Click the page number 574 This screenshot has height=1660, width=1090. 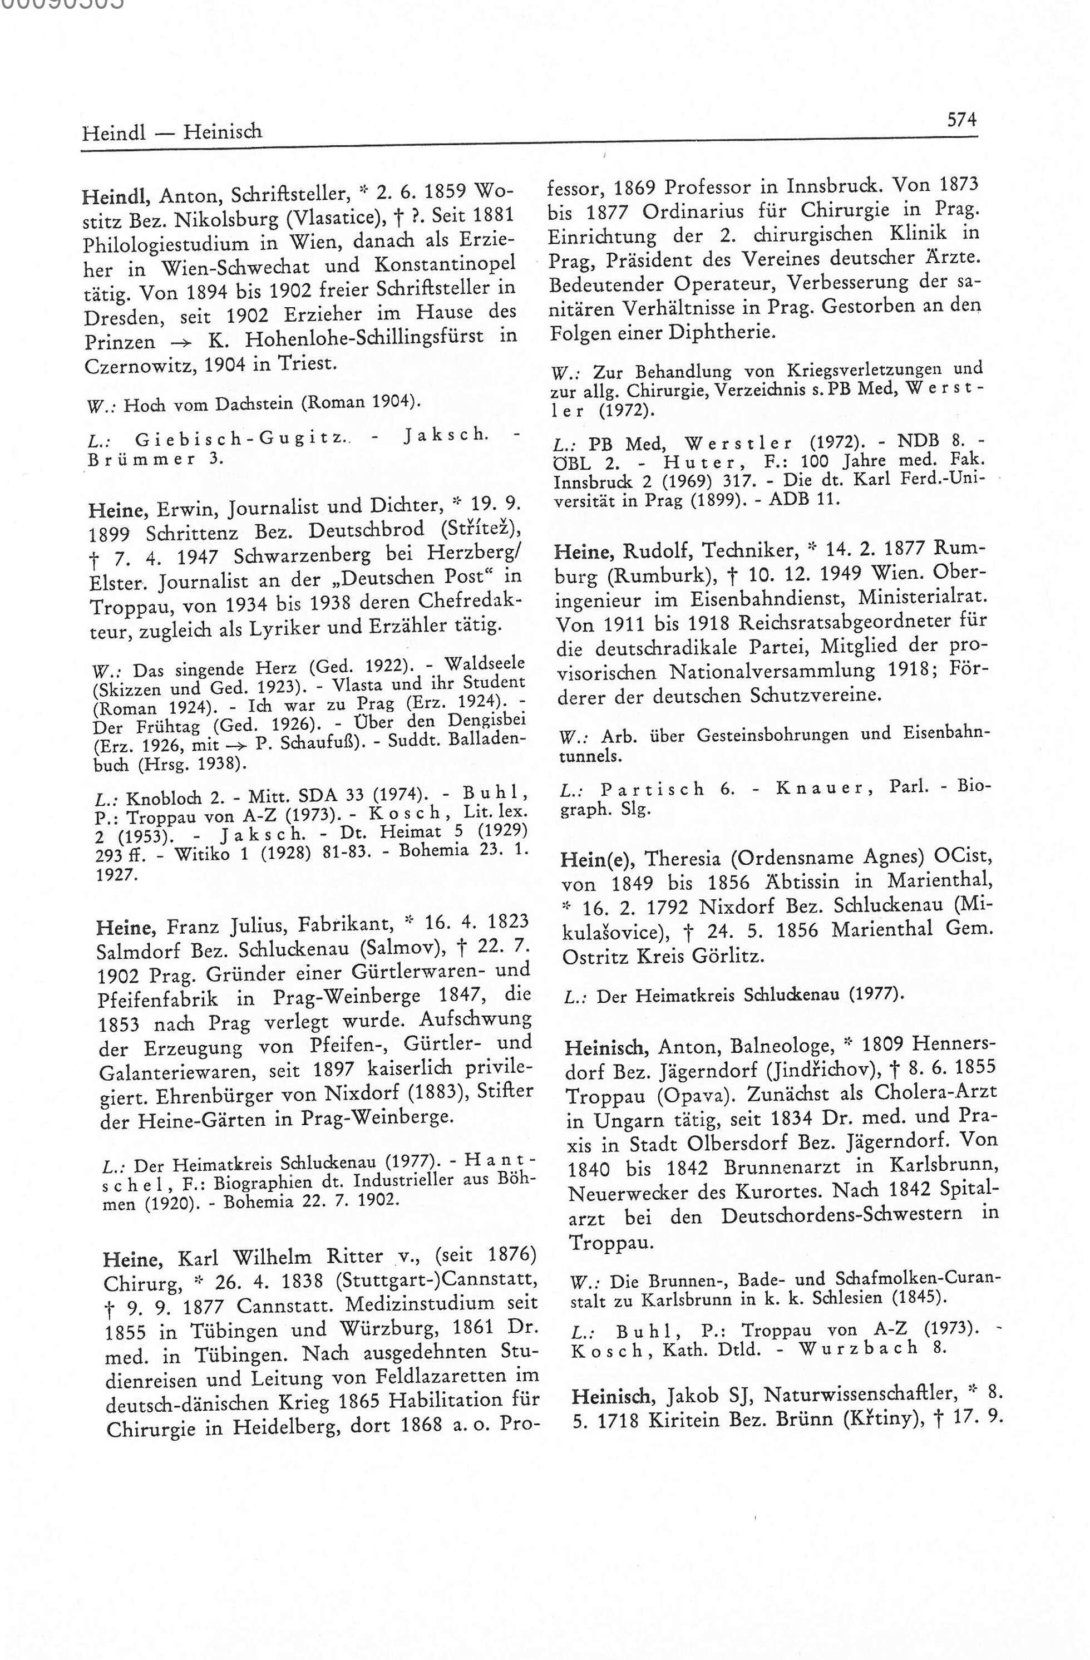tap(961, 120)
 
